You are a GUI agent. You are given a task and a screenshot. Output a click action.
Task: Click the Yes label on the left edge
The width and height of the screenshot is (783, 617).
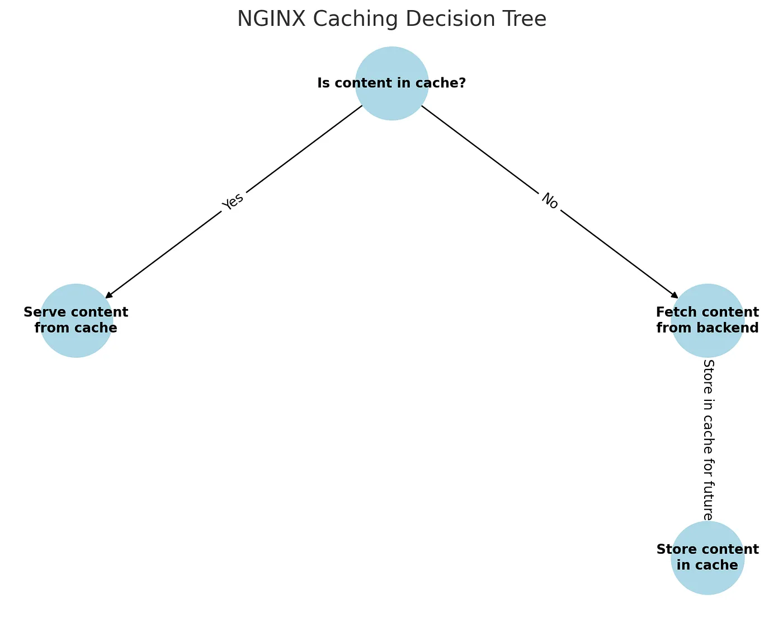[x=233, y=202]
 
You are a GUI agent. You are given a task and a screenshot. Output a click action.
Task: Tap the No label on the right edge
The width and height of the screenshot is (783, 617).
[x=550, y=202]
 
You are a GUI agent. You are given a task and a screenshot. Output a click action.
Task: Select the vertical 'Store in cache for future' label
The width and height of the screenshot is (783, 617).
[x=708, y=440]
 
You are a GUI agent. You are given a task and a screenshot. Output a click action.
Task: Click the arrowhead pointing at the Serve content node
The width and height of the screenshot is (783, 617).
[x=109, y=295]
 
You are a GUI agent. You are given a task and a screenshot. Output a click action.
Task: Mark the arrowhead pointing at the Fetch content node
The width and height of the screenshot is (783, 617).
[x=674, y=295]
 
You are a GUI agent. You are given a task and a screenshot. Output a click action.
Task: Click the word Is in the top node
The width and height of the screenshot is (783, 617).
[x=323, y=83]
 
